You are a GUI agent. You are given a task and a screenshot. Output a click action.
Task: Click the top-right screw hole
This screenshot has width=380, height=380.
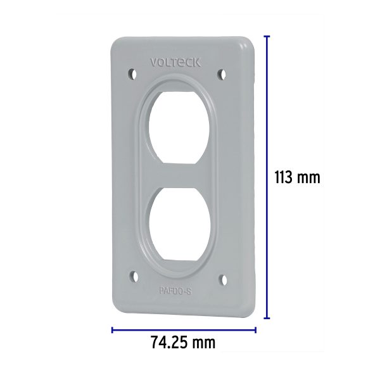(x=222, y=74)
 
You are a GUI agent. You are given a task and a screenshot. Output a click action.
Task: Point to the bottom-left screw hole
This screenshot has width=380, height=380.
(x=132, y=276)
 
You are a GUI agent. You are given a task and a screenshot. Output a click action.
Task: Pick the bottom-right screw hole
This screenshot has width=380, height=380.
(x=222, y=277)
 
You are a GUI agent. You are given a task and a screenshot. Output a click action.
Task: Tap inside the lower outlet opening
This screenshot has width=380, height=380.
(x=178, y=227)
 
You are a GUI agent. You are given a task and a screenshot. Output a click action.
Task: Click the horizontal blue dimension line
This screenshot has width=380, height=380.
(x=184, y=329)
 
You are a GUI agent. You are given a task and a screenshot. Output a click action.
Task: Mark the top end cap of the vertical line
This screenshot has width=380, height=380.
(x=267, y=35)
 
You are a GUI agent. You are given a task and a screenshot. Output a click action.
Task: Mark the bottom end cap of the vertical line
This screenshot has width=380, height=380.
(x=267, y=319)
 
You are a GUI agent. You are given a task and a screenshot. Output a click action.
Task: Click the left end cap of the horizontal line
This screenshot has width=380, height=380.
(x=112, y=329)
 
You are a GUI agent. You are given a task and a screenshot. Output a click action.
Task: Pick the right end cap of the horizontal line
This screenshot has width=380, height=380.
(x=255, y=329)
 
